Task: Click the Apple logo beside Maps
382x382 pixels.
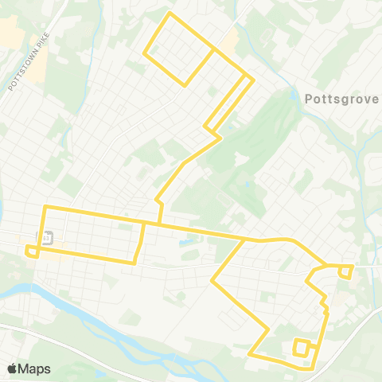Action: coord(12,368)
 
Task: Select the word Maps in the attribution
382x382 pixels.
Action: coord(34,368)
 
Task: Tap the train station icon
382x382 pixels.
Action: coord(47,237)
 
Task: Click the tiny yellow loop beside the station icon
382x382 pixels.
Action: coord(33,251)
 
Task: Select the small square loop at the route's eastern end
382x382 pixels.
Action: coord(345,271)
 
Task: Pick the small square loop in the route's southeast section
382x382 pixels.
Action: coord(302,347)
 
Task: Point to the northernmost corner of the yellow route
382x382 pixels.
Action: coord(170,14)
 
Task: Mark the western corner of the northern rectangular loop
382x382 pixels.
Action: coord(144,55)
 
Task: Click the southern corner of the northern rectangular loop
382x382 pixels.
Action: coord(186,84)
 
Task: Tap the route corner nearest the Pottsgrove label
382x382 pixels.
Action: coord(252,79)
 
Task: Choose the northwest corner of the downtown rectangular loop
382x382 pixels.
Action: coord(45,207)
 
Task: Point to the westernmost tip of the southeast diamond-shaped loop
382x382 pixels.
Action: coord(212,280)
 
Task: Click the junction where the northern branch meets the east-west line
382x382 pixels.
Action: coord(162,224)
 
